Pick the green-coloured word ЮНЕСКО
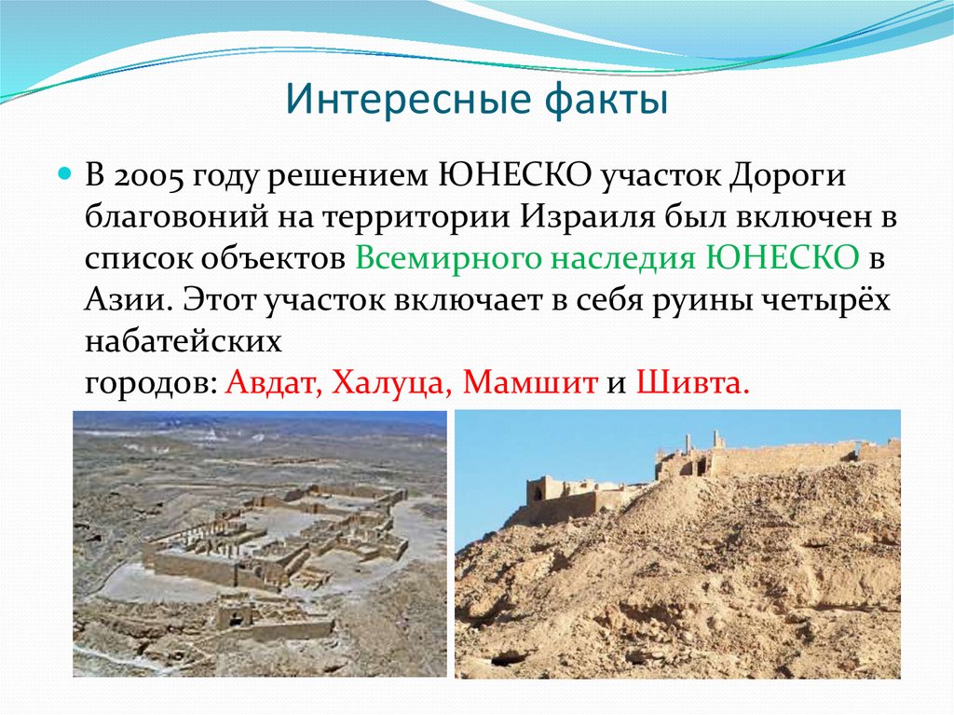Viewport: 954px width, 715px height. point(783,259)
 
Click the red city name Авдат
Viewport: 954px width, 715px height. point(272,383)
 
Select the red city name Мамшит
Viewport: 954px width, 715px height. point(529,383)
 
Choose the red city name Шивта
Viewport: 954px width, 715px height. point(691,383)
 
